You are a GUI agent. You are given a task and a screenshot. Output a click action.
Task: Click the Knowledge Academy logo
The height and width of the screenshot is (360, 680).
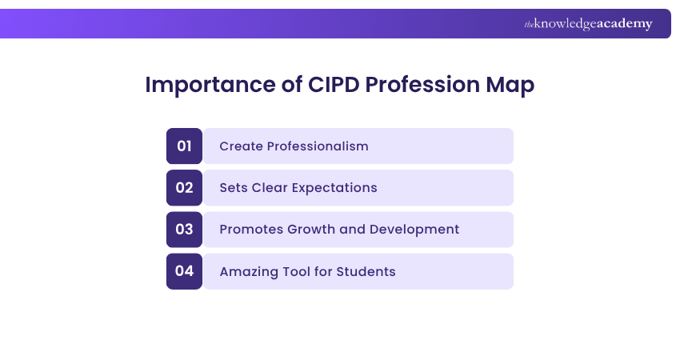(588, 24)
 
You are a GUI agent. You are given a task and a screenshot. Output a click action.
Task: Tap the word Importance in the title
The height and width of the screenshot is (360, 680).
(210, 85)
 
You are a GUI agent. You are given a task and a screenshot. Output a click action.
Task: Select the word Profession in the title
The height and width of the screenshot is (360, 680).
(422, 84)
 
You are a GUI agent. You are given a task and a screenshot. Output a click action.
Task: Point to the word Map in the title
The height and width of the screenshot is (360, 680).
(510, 86)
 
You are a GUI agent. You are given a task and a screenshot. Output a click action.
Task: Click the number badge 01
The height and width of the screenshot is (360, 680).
(184, 146)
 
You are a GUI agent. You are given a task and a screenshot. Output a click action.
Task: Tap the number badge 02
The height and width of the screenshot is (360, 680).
(184, 187)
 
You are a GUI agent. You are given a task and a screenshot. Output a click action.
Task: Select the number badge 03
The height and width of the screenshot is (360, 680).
(184, 229)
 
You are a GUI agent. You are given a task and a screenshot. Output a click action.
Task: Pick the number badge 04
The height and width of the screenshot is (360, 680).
(184, 271)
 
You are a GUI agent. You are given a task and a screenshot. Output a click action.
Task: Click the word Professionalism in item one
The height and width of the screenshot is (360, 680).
(318, 146)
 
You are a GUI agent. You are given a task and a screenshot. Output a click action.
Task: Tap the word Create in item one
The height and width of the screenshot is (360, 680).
(241, 146)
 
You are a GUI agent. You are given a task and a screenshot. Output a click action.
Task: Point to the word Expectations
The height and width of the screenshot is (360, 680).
(334, 188)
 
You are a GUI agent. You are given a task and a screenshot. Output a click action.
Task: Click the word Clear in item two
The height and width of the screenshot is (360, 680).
(270, 188)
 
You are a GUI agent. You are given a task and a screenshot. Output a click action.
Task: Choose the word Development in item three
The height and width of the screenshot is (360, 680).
(414, 230)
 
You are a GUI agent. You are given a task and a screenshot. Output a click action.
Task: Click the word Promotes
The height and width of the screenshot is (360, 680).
(251, 230)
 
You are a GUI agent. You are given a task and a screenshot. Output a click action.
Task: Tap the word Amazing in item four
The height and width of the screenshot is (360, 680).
(249, 272)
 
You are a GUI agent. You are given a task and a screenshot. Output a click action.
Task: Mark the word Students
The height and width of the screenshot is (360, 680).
(366, 271)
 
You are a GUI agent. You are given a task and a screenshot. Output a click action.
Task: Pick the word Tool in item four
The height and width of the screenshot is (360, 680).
(296, 271)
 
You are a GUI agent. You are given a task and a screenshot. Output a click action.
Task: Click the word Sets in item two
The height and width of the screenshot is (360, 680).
(234, 188)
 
